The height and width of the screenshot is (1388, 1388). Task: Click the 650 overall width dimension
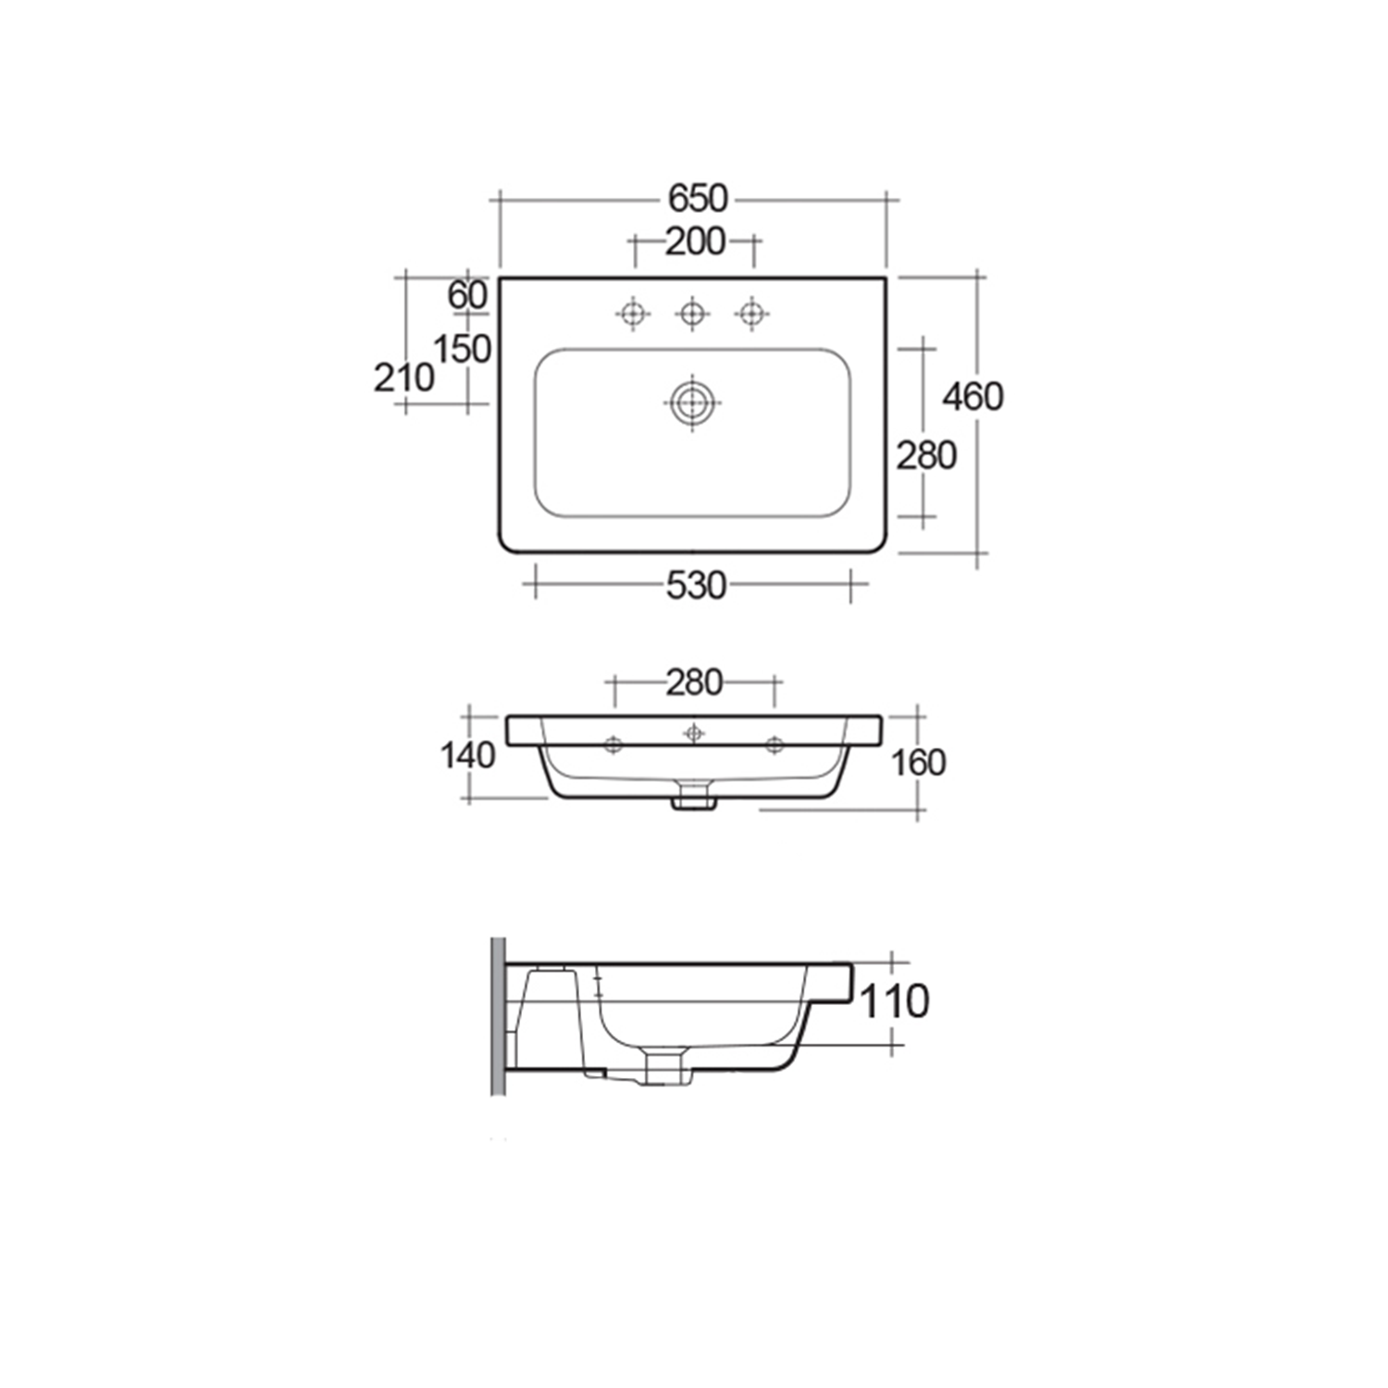[698, 199]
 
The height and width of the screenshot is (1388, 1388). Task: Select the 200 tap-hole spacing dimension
[695, 242]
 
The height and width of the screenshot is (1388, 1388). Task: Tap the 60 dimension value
[467, 295]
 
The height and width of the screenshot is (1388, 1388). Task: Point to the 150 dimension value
[462, 349]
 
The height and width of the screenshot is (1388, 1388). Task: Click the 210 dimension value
[403, 378]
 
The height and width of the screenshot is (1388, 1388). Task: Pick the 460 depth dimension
[973, 397]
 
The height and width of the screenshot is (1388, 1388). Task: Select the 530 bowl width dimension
[696, 586]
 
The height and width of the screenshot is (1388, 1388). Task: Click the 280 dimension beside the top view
[926, 455]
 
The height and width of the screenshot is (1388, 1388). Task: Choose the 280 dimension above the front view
[694, 683]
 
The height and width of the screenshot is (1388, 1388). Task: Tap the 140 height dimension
[467, 755]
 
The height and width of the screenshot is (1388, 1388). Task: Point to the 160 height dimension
[918, 762]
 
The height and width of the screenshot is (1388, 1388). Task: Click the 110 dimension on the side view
[894, 1001]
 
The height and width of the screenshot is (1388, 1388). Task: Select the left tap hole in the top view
[633, 314]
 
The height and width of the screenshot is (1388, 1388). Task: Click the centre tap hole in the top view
[692, 314]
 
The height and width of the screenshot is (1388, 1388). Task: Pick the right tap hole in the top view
[751, 314]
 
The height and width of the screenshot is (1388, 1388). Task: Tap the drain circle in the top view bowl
[691, 403]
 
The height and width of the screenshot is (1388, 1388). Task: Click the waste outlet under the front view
[694, 797]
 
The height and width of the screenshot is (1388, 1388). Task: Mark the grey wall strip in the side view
[498, 1016]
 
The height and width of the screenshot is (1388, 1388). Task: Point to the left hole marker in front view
[613, 744]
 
